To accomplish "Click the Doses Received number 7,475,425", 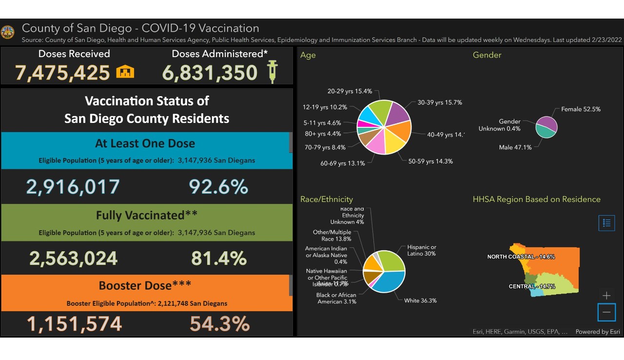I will tap(62, 73).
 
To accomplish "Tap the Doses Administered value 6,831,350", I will tap(210, 73).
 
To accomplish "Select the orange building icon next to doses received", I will tap(125, 72).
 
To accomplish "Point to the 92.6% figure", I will tap(218, 187).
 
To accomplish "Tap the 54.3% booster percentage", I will tap(219, 324).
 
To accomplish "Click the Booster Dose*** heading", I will tap(145, 285).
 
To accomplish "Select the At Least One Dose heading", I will tap(145, 143).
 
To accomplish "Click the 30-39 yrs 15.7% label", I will tap(440, 102).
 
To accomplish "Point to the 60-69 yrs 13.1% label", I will tap(343, 163).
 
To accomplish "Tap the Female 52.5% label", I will tap(581, 109).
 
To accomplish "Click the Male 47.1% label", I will tap(515, 147).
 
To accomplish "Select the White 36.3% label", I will tap(420, 300).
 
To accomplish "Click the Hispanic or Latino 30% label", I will tap(422, 251).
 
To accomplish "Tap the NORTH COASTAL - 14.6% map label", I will tap(521, 257).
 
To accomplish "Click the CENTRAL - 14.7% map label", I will tap(532, 286).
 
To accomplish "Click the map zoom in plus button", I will tap(606, 296).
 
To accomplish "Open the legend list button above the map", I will tap(606, 223).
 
